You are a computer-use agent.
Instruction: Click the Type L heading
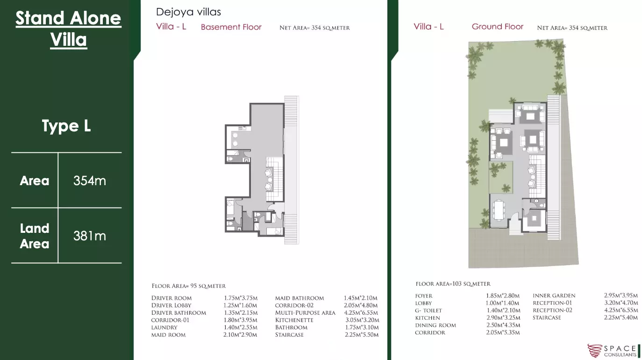[x=66, y=126]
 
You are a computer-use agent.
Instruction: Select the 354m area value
[x=90, y=181]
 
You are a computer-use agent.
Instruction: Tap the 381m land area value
[x=90, y=236]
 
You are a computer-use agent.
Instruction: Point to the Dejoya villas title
[x=188, y=12]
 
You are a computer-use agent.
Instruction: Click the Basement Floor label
[x=231, y=27]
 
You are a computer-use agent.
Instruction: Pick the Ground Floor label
[x=498, y=27]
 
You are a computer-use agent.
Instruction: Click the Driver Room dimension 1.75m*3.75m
[x=241, y=298]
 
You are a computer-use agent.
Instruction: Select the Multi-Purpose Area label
[x=305, y=313]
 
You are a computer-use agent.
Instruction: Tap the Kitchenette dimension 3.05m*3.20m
[x=362, y=320]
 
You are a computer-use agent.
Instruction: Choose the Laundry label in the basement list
[x=164, y=327]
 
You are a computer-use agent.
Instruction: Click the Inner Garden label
[x=554, y=295]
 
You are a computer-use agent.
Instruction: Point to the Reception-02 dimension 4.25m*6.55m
[x=621, y=310]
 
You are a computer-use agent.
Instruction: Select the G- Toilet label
[x=428, y=310]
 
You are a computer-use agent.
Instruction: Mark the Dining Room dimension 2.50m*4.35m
[x=503, y=325]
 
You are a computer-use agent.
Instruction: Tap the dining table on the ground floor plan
[x=499, y=210]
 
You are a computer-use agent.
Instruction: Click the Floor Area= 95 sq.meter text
[x=189, y=286]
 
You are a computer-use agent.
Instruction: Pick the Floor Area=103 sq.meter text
[x=453, y=284]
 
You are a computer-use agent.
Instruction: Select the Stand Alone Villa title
[x=69, y=29]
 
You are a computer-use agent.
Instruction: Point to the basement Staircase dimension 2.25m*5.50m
[x=362, y=335]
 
